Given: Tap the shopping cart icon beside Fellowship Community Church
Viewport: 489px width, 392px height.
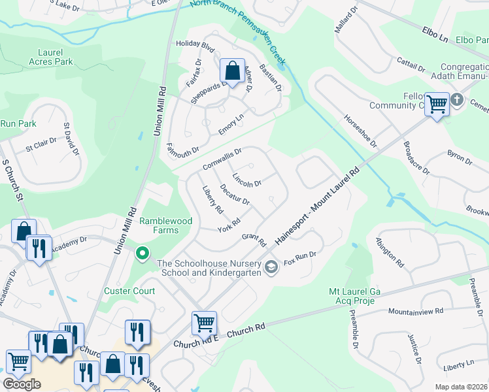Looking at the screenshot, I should (437, 103).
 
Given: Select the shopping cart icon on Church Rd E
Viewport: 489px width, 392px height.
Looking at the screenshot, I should (204, 323).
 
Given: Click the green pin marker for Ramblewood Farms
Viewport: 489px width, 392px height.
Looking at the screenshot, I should (142, 253).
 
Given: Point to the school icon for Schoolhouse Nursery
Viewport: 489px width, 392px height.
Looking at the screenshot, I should (271, 267).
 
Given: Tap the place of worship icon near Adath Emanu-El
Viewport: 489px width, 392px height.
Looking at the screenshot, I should (456, 101).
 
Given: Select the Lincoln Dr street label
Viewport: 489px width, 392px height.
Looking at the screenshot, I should (247, 179).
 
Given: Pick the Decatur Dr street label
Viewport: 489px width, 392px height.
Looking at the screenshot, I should (235, 194).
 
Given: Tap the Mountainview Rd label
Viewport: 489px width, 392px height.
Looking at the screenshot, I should (416, 312).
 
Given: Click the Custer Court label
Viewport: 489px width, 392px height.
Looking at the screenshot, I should (129, 291).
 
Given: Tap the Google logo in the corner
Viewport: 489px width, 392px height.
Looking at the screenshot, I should (21, 384).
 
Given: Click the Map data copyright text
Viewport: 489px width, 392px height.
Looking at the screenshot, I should (461, 387).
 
